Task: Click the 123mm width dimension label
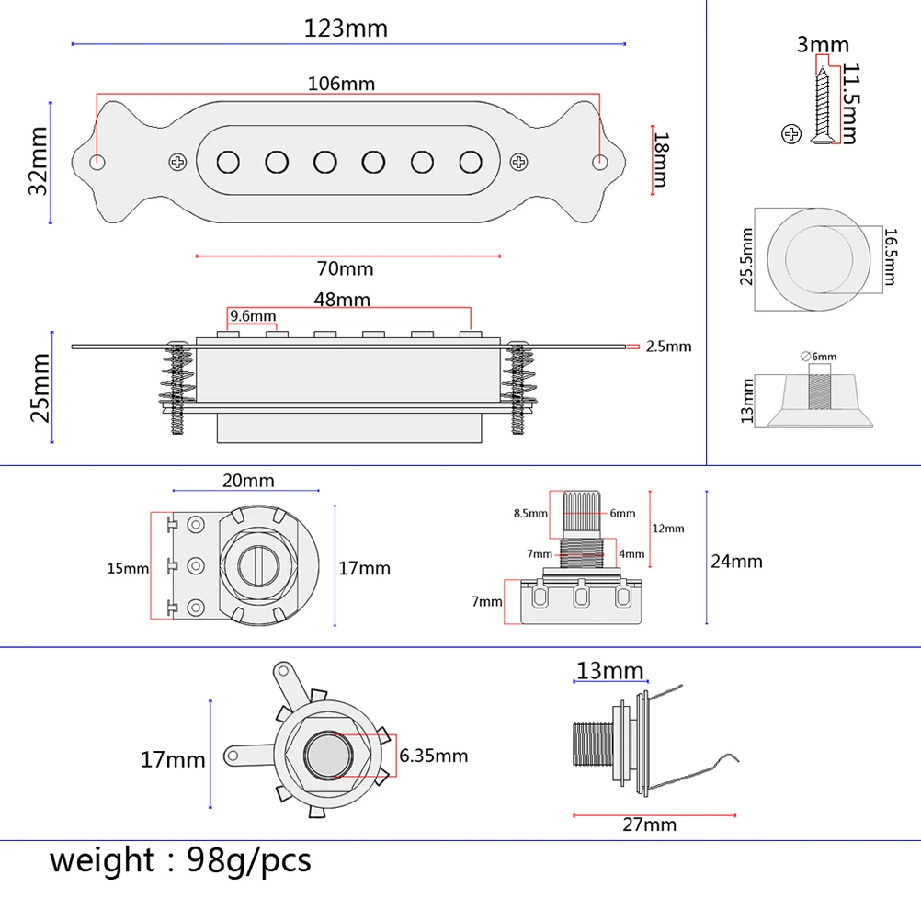tap(346, 28)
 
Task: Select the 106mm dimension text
tap(341, 83)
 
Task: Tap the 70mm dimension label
tap(345, 269)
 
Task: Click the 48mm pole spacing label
tap(341, 300)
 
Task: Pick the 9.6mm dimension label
tap(253, 316)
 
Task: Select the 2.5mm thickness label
tap(668, 347)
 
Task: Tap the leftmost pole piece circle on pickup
tap(227, 162)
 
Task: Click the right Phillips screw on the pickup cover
tap(520, 162)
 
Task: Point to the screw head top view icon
tap(790, 134)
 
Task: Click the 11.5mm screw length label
tap(848, 104)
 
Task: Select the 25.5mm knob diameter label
tap(746, 257)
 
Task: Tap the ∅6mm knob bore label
tap(819, 356)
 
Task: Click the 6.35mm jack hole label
tap(434, 756)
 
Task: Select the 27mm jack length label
tap(650, 824)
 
